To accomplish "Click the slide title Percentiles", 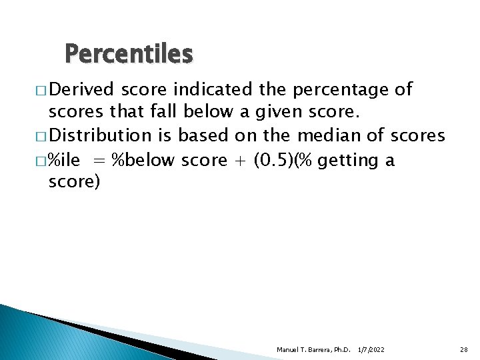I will point(129,53).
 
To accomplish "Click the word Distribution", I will point(100,136).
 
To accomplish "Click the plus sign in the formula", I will point(239,161).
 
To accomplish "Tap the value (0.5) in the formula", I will point(272,160).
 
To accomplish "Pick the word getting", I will point(349,161).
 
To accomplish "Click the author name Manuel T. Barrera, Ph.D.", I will point(313,350).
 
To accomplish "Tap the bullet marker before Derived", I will point(41,90).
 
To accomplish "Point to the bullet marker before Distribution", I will point(41,137).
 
